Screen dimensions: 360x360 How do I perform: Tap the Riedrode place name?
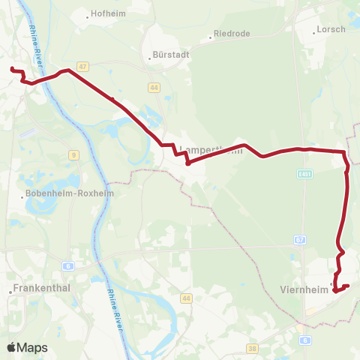(232, 34)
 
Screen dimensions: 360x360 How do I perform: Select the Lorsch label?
(332, 29)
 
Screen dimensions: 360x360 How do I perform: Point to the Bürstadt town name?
(170, 55)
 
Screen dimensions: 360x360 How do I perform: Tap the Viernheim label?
(304, 289)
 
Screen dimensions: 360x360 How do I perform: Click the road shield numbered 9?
(74, 155)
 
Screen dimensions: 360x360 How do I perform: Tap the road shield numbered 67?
(300, 240)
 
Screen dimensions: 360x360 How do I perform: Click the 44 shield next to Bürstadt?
(154, 88)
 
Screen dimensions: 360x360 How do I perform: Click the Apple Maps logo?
(27, 347)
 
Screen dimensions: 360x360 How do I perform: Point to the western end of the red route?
(12, 70)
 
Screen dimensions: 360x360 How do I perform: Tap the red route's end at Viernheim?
(348, 286)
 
